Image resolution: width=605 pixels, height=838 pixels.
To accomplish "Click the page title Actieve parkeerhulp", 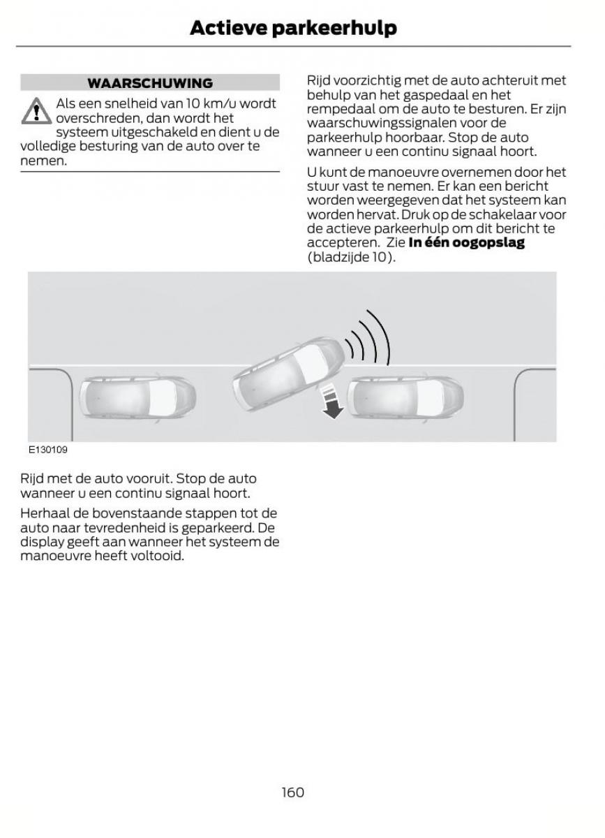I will click(293, 28).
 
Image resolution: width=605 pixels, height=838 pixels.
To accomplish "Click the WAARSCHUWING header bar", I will click(150, 83).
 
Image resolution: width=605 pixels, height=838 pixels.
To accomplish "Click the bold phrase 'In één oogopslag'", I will click(465, 242).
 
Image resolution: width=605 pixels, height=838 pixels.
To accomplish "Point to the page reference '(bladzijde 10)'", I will click(350, 256).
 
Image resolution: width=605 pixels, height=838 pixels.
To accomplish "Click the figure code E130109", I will click(47, 450).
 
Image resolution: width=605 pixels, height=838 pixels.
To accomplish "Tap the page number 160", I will click(293, 792).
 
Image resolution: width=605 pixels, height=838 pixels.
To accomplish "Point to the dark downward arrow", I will click(332, 404).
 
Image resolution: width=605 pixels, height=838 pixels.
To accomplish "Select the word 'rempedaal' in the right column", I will click(337, 109).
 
